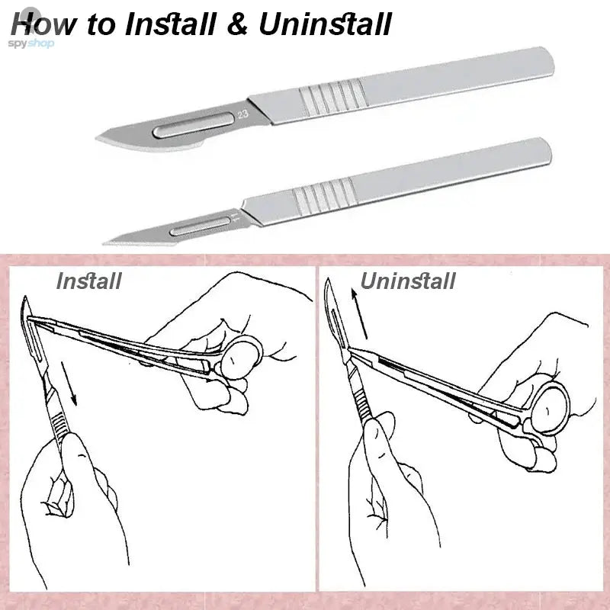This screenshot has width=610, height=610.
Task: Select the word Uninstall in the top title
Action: [x=324, y=24]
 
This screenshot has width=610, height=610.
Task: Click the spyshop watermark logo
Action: [x=32, y=43]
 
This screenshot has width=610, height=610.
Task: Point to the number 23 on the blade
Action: [x=242, y=116]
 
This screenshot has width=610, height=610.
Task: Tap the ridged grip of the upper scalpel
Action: [x=329, y=98]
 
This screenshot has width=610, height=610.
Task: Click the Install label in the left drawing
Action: [x=89, y=281]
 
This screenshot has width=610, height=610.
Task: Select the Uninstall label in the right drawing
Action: [x=408, y=281]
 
